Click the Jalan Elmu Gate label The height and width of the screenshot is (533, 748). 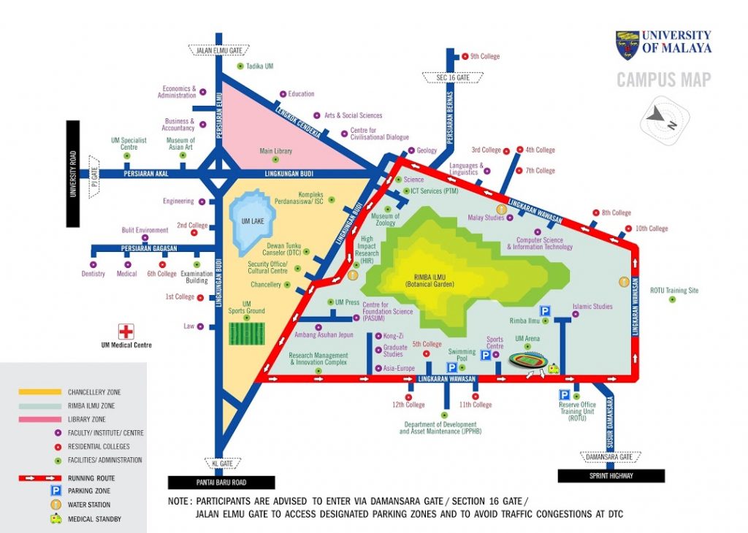point(219,50)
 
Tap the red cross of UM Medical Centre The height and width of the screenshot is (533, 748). point(126,331)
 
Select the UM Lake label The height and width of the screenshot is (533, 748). point(252,221)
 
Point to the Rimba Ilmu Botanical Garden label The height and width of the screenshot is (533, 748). point(430,280)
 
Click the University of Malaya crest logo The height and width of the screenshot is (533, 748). point(627,45)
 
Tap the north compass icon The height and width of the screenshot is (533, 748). point(664,119)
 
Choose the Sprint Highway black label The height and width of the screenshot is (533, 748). point(611,476)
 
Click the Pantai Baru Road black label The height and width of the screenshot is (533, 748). point(221,483)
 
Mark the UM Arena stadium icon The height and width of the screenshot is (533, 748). point(527,360)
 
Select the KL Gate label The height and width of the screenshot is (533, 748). point(223,464)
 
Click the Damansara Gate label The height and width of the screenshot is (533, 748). point(609,457)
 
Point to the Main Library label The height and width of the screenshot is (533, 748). point(275,151)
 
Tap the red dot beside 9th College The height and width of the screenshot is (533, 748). point(465,56)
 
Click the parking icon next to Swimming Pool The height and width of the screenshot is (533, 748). point(451,367)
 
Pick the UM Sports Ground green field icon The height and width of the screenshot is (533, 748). point(247,334)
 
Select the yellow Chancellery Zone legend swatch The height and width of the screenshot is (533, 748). point(40,392)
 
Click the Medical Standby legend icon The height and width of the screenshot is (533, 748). point(56,518)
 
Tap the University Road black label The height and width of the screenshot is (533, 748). point(73,174)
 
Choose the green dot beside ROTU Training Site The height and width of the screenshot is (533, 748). point(672,299)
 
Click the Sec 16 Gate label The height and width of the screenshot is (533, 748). point(453,77)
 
